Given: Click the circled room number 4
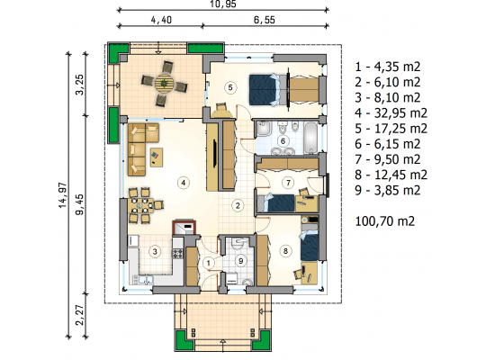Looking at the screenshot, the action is coord(184,183).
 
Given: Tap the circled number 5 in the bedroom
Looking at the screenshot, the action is coord(230,87).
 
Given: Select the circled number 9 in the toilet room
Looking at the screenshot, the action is coord(241,261).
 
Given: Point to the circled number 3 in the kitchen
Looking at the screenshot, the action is coord(155,252).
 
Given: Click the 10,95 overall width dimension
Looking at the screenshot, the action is coord(223,4).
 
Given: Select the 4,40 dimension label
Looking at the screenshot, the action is coord(161,20).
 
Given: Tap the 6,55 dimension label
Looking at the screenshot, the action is coord(265,20).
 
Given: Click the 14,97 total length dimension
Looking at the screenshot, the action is coord(62,194).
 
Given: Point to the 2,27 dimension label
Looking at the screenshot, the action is coord(80,315).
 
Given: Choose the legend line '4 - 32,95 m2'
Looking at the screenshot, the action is coord(391,112).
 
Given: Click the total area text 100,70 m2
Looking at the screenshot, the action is coord(385,221).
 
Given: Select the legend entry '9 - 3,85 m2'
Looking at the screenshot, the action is coord(388,190).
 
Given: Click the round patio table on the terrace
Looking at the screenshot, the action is coord(165,84).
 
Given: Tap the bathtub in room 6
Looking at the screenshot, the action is coord(311,138).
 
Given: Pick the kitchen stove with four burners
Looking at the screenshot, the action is coord(177,253).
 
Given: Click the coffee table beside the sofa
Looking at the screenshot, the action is coord(157,157).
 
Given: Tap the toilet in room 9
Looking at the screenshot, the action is coord(247,282).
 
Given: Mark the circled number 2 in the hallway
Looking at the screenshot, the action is coord(238,205).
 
